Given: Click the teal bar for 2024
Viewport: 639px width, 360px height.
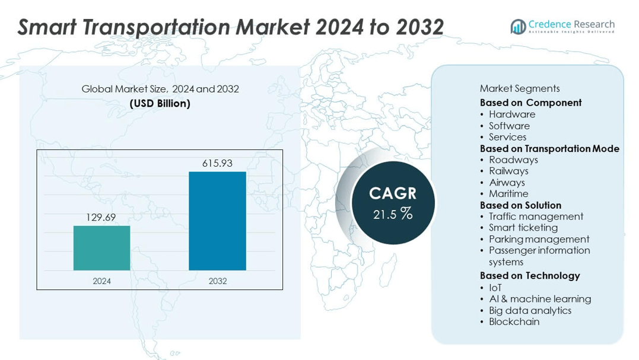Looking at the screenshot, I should coord(101,248).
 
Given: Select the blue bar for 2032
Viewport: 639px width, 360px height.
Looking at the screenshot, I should coord(217,221).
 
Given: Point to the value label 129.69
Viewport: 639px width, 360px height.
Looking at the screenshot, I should coord(101,217).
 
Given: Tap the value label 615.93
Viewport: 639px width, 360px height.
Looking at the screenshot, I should coord(217,163).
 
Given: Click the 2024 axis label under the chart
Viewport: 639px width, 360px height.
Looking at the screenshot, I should coord(101,281).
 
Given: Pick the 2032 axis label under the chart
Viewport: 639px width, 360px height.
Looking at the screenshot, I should coord(217,281).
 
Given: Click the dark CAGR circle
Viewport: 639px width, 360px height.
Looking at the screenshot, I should coord(393,203).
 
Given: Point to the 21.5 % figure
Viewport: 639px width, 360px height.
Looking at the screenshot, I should coord(393,214).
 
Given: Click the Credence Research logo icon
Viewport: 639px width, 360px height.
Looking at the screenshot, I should coord(518,27).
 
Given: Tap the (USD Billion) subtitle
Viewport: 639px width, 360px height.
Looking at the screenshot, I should coord(160,103).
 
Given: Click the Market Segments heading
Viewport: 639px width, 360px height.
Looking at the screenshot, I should coord(519,88).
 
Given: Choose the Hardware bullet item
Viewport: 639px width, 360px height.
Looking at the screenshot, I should coord(511,114).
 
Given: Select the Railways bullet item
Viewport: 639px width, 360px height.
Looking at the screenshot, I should coord(508,171).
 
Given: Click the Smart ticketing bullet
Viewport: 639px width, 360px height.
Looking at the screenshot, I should coord(523,227).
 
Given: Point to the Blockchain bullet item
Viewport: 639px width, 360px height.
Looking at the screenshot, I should coord(514,321).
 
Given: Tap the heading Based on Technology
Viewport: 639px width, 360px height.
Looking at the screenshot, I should coord(530,275).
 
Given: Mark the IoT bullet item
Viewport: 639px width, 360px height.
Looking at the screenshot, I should coord(495,288).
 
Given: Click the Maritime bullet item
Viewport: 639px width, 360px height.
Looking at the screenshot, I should coord(508,193).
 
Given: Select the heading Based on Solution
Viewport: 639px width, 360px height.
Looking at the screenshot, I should coord(520,205).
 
